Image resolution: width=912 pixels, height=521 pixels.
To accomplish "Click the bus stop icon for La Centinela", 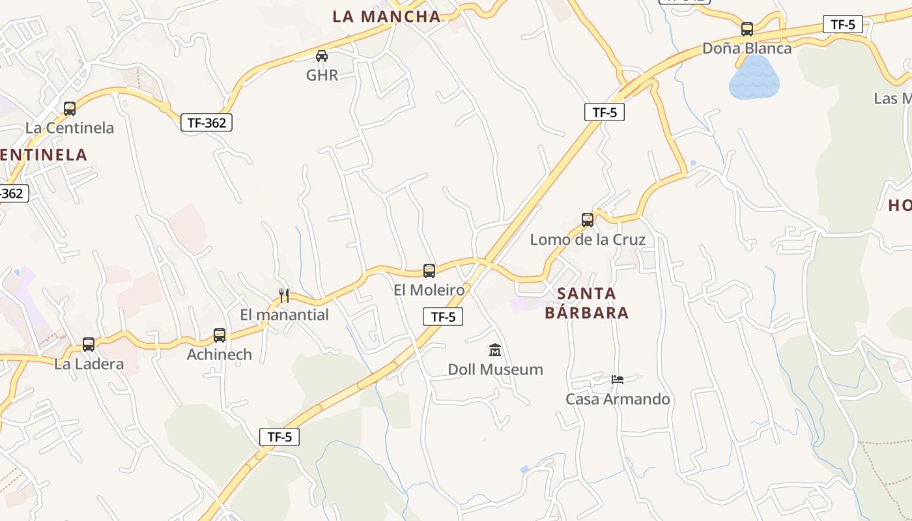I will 70,109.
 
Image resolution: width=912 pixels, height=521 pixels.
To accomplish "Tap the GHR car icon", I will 321,56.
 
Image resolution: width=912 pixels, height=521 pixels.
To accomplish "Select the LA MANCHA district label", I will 386,17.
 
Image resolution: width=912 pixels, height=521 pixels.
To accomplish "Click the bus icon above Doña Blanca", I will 747,29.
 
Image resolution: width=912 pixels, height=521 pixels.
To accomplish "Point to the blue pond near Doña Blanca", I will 754,77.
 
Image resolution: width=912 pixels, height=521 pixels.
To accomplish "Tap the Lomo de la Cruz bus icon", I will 588,220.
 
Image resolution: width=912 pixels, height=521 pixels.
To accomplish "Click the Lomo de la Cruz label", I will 588,240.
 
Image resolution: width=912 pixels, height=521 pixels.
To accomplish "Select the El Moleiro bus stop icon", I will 429,271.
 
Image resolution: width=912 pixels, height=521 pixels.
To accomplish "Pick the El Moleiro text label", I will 429,290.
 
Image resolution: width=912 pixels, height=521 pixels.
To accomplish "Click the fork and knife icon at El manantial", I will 284,296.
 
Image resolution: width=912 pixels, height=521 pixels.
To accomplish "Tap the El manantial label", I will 284,315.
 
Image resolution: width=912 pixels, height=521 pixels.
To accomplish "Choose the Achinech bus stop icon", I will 220,335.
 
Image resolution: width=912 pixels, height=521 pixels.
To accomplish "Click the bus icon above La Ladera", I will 89,345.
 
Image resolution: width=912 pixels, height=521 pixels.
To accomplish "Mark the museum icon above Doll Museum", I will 495,350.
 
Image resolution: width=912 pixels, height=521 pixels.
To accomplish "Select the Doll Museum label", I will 495,370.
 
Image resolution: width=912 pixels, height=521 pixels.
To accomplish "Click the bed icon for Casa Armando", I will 618,379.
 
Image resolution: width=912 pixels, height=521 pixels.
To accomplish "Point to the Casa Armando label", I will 618,399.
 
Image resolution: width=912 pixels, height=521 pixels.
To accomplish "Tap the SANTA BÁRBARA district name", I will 586,303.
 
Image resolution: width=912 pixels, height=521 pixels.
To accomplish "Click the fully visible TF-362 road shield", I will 207,122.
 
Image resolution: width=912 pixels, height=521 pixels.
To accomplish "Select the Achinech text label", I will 220,355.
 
